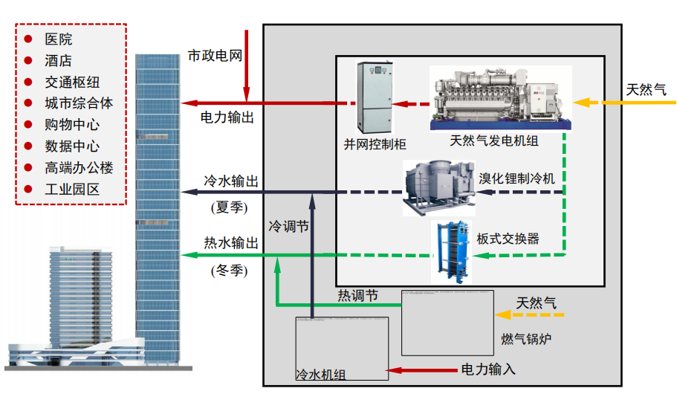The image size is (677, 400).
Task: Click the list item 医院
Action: (x=59, y=39)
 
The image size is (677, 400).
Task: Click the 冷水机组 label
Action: (x=320, y=375)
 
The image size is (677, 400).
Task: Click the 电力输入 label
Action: (x=488, y=369)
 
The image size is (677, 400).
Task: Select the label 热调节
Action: (x=357, y=296)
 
